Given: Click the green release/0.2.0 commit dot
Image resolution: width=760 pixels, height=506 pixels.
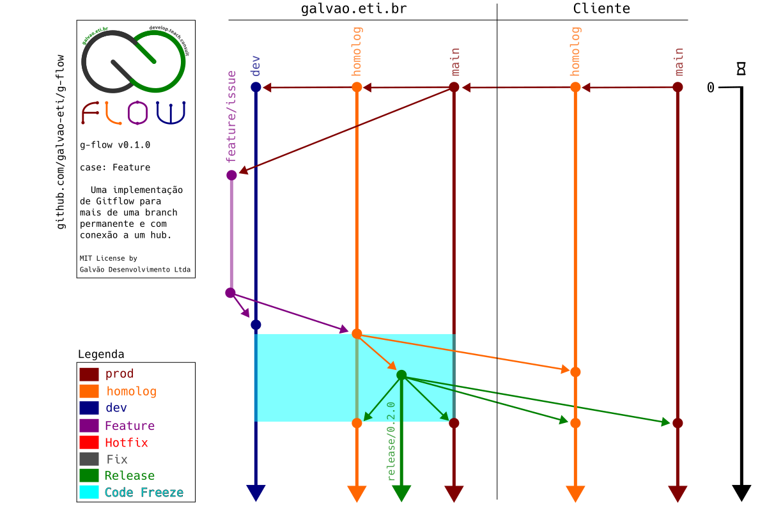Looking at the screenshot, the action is pyautogui.click(x=401, y=375).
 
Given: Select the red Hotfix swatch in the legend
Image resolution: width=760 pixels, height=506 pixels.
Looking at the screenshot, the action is pyautogui.click(x=89, y=442).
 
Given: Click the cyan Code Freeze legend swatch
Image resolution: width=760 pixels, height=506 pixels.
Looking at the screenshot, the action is pyautogui.click(x=89, y=492).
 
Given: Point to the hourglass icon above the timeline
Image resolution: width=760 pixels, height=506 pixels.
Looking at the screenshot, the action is pyautogui.click(x=741, y=68).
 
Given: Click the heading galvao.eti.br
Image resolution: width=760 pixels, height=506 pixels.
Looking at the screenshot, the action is pyautogui.click(x=353, y=8).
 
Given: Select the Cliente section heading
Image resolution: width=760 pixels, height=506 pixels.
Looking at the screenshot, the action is pyautogui.click(x=601, y=8).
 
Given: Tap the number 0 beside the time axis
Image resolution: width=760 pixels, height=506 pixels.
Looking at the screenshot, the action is pyautogui.click(x=711, y=88).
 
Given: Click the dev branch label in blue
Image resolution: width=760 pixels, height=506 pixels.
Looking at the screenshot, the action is pyautogui.click(x=256, y=66).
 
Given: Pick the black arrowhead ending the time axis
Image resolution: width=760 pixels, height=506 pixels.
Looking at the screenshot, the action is pyautogui.click(x=741, y=493).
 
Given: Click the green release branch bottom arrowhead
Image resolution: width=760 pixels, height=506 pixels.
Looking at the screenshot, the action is pyautogui.click(x=401, y=493).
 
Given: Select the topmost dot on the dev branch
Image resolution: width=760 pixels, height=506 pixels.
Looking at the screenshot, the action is pyautogui.click(x=256, y=87).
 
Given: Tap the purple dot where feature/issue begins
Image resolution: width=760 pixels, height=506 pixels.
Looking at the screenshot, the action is pyautogui.click(x=231, y=175).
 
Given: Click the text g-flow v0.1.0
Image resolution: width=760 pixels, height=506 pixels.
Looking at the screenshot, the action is pyautogui.click(x=115, y=145).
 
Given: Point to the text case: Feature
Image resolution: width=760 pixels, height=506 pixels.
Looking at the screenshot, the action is pyautogui.click(x=115, y=167).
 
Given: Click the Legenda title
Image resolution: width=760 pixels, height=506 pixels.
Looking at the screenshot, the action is pyautogui.click(x=101, y=354).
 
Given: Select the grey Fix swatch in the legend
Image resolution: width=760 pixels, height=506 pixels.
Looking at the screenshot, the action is pyautogui.click(x=89, y=459).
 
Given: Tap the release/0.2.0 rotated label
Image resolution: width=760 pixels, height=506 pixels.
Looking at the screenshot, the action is pyautogui.click(x=391, y=441).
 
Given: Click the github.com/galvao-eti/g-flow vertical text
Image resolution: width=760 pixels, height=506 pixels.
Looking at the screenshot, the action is pyautogui.click(x=61, y=141).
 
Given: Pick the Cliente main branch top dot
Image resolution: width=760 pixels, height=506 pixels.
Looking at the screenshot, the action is pyautogui.click(x=678, y=87).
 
